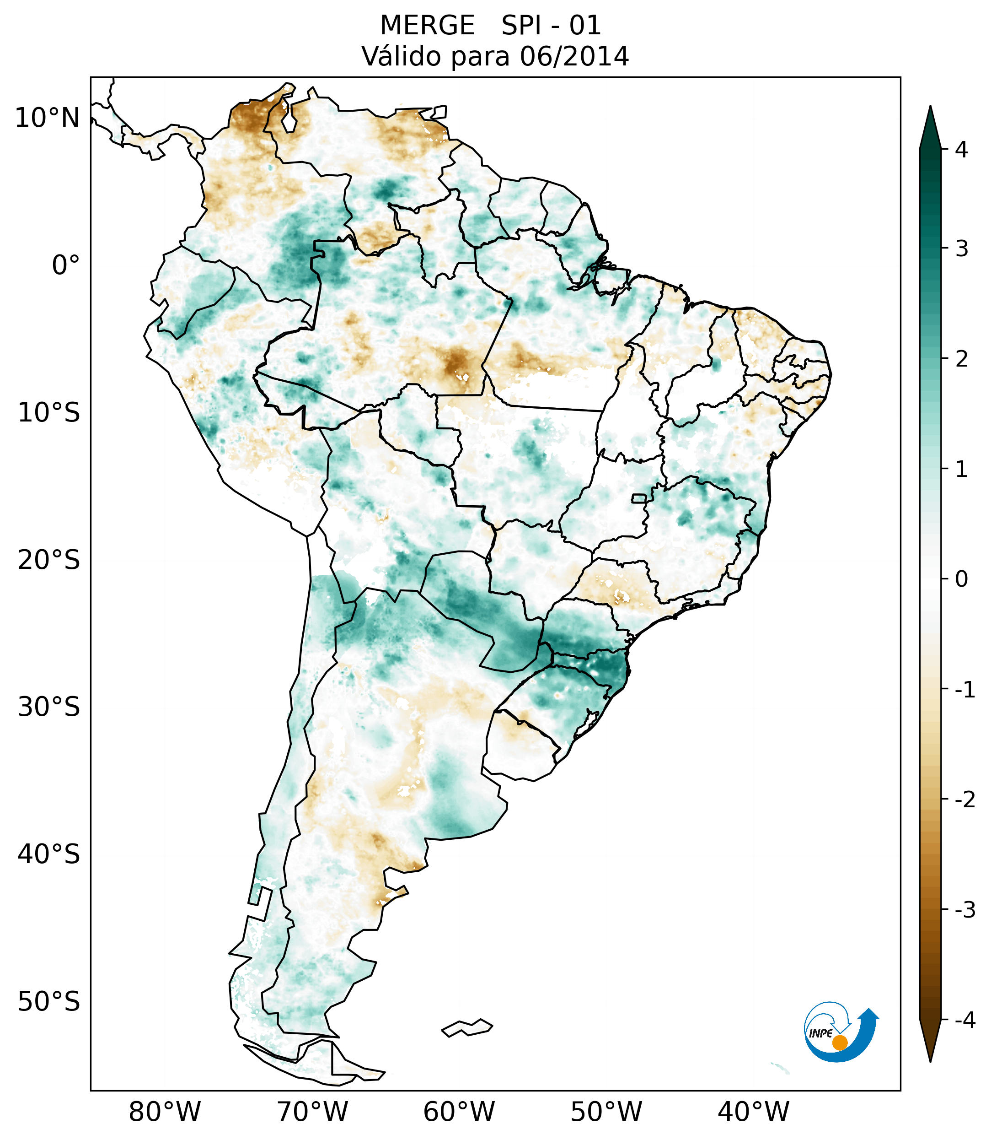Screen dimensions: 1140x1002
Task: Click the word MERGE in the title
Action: (428, 26)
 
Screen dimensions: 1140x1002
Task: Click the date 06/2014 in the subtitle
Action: (574, 56)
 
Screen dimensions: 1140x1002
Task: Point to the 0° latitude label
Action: (66, 265)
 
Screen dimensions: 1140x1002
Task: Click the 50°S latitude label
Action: (49, 1002)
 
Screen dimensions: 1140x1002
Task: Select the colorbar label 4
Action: (961, 150)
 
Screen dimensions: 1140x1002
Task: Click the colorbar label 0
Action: (961, 579)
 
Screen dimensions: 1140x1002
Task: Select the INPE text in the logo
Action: (821, 1033)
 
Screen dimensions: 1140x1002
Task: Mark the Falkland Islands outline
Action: (467, 1027)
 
